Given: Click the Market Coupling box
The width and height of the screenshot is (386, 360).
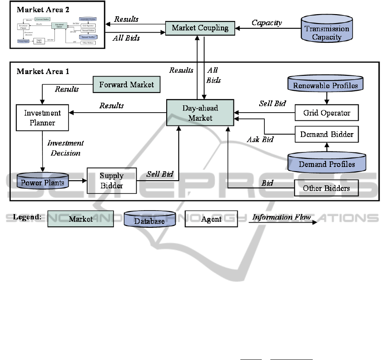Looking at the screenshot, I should (x=200, y=28).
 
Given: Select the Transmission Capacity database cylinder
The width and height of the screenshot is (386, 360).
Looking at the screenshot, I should (x=326, y=33).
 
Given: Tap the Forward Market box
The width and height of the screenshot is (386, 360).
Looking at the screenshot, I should (x=126, y=84).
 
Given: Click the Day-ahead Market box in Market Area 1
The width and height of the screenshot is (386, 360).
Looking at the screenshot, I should (x=200, y=113).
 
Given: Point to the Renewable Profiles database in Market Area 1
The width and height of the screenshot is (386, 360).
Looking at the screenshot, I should (x=326, y=85).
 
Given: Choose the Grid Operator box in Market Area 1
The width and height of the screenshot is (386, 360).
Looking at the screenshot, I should (x=326, y=113).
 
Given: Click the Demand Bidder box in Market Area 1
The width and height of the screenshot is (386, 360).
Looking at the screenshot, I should (x=326, y=134).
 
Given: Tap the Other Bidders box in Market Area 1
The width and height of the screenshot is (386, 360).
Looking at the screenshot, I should (x=326, y=188).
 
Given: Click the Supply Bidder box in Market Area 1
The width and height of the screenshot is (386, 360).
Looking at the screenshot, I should (x=111, y=180).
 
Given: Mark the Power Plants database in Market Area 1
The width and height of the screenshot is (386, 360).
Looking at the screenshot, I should (x=43, y=183).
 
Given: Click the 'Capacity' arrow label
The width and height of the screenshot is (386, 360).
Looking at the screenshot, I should (x=266, y=23).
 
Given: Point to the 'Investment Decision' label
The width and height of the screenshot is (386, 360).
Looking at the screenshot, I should (x=65, y=148).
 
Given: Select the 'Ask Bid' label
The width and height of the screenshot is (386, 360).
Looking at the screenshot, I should (x=260, y=140).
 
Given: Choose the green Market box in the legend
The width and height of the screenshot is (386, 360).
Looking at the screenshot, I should (x=81, y=219).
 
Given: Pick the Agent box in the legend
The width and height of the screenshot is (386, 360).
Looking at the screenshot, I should (x=211, y=219).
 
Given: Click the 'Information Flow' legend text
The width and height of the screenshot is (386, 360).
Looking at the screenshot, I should (x=281, y=217).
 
